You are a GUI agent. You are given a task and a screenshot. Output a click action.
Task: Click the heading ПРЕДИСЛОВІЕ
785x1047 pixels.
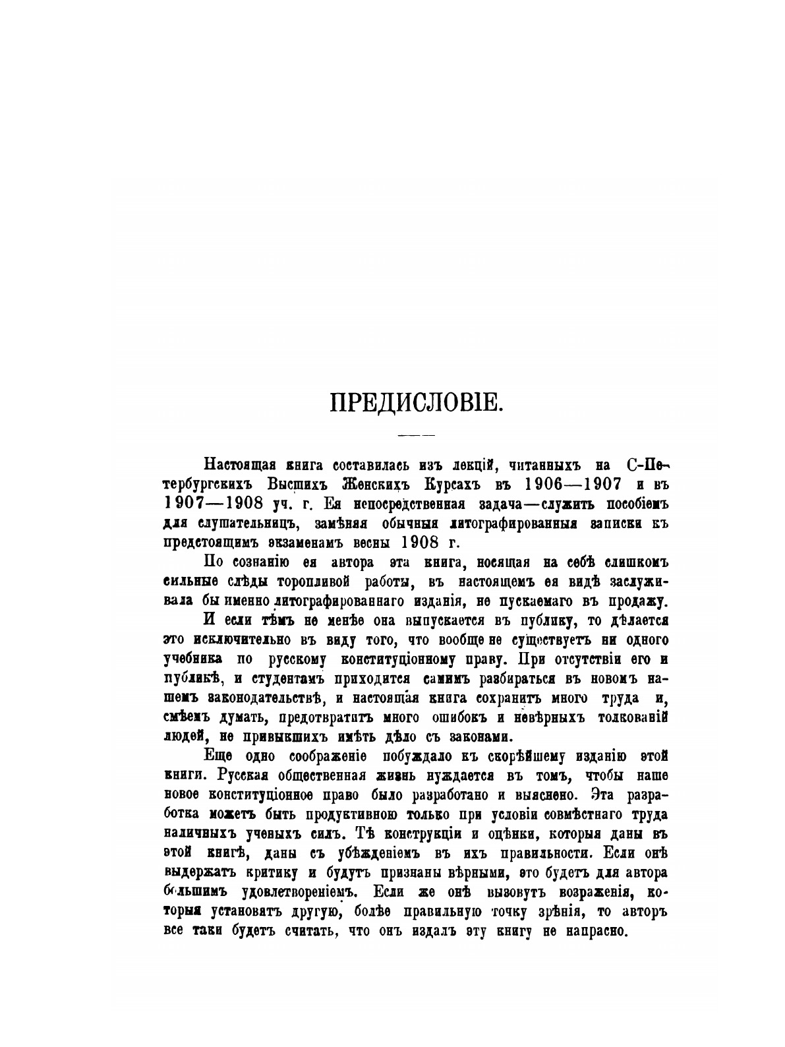coord(417,403)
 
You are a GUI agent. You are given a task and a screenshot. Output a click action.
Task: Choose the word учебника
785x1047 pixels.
coord(192,659)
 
